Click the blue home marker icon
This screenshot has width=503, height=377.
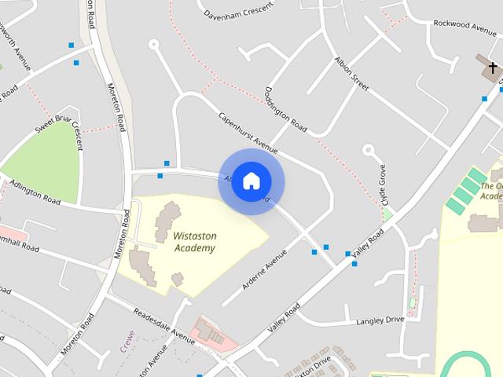click(x=251, y=181)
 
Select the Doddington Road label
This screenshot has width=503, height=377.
click(x=286, y=109)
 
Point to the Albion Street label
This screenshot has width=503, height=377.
click(x=351, y=75)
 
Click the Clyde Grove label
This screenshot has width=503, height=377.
click(x=383, y=183)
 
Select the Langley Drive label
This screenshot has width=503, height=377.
click(x=380, y=320)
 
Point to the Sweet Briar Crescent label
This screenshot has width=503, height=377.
click(x=60, y=126)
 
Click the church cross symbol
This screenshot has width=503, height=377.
click(x=493, y=68)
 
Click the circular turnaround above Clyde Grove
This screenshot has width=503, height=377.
click(x=368, y=148)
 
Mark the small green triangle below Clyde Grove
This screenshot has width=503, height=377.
click(x=387, y=214)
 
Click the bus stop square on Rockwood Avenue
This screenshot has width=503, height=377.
click(x=484, y=99)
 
